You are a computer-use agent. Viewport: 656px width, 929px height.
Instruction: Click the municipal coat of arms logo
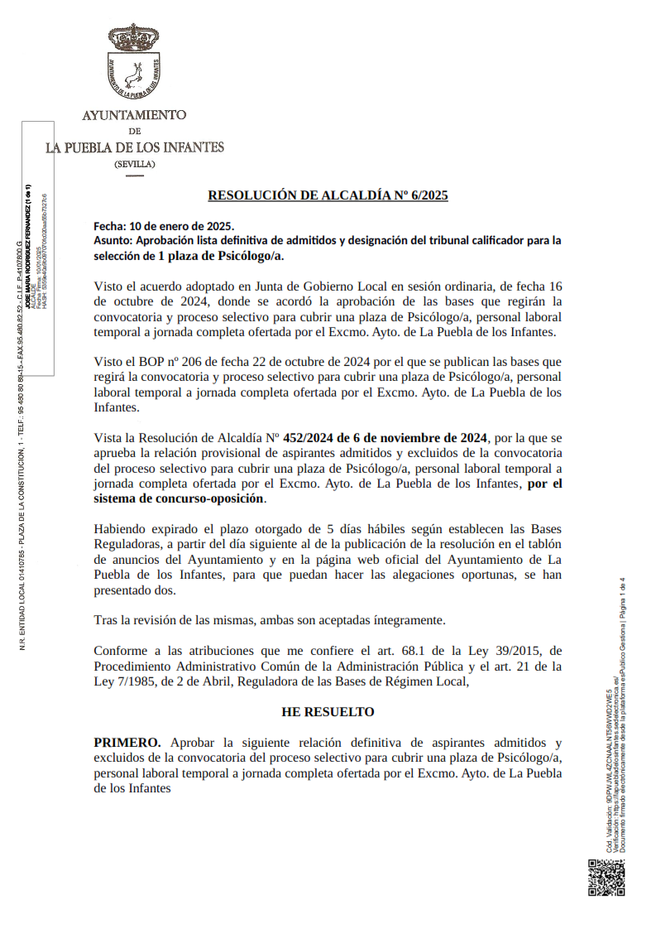coord(133,60)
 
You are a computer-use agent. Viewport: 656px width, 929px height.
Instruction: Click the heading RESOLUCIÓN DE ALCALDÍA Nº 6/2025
coord(328,196)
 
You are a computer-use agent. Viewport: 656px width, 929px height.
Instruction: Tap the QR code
coord(606,878)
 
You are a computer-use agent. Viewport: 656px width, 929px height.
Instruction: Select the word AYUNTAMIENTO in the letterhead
coord(134,115)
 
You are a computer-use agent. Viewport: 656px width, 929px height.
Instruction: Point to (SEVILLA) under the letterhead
coord(134,164)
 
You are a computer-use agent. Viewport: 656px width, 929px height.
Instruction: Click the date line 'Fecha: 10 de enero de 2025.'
coord(164,226)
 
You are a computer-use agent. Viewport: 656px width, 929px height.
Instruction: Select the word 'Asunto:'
coord(114,240)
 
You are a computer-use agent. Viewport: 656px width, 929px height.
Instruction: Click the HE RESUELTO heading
coord(328,712)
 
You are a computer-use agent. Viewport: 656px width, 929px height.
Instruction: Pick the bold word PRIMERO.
coord(126,743)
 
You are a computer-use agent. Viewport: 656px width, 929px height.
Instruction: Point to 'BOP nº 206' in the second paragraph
coord(175,362)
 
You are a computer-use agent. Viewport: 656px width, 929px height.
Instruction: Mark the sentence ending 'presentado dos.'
coord(135,590)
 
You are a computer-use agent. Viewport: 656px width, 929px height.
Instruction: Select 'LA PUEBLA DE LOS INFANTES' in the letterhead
coord(135,147)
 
